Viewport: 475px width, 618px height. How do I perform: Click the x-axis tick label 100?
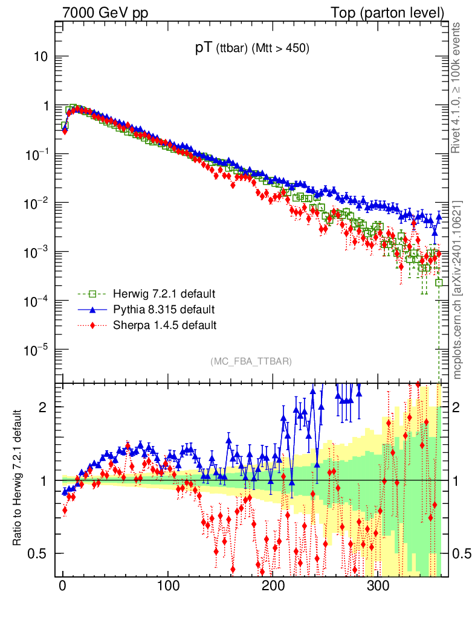(x=168, y=586)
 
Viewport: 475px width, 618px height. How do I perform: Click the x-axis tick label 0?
(x=63, y=586)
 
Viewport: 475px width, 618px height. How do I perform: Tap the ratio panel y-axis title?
(x=18, y=479)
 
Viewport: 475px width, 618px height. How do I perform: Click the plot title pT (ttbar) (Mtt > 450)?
(x=252, y=50)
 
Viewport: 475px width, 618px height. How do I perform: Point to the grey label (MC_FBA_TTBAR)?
(x=251, y=362)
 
